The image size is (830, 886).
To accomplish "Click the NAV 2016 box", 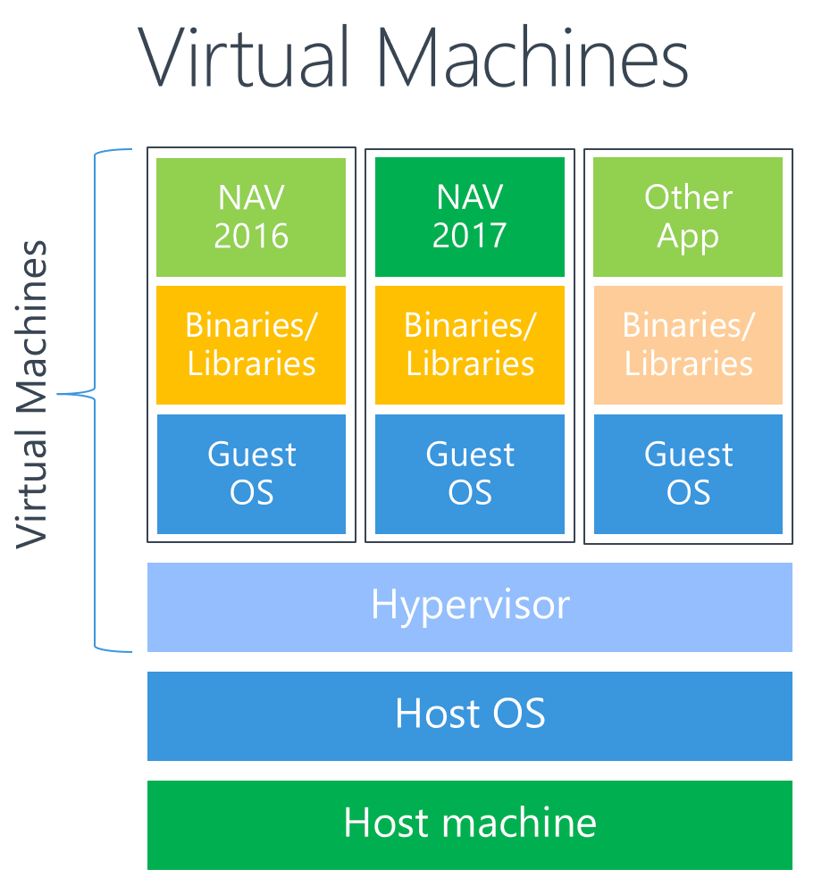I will coord(251,217).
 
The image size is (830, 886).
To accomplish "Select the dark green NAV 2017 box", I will coord(470,217).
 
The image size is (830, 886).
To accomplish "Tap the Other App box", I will coord(688,217).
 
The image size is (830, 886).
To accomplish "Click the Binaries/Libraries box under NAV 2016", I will coord(251,345).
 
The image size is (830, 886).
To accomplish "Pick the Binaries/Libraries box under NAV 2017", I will coord(470,345).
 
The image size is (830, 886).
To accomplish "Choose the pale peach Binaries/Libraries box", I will coord(688,345).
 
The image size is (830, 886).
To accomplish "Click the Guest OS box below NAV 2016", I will coord(251,473).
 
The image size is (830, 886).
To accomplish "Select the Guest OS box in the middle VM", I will coord(470,473).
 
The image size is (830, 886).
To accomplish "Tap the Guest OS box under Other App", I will coord(688,473).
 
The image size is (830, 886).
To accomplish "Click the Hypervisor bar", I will coord(470,606).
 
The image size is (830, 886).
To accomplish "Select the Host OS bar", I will coord(470,715).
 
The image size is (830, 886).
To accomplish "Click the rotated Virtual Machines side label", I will coord(33,393).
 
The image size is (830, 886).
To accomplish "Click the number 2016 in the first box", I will coord(251,236).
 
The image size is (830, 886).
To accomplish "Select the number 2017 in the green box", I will coord(470,236).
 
